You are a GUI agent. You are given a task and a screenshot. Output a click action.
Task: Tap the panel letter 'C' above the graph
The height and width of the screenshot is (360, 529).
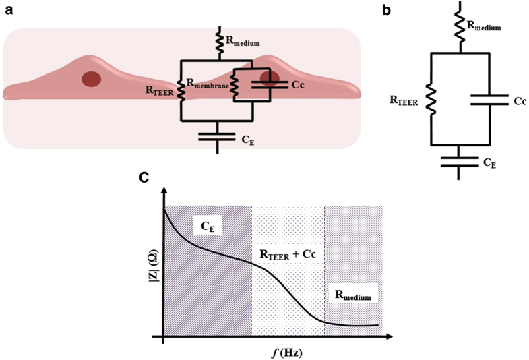coord(144,177)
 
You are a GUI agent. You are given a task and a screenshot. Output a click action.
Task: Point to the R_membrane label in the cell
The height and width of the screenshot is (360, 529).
coord(208,84)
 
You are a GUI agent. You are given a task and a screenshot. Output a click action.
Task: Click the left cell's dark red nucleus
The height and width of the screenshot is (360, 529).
coord(92,78)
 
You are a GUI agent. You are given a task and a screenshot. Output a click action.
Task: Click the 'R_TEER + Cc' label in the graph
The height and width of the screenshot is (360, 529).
coord(288,254)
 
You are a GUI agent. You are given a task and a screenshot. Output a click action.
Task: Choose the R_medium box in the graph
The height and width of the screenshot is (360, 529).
coord(353,295)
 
